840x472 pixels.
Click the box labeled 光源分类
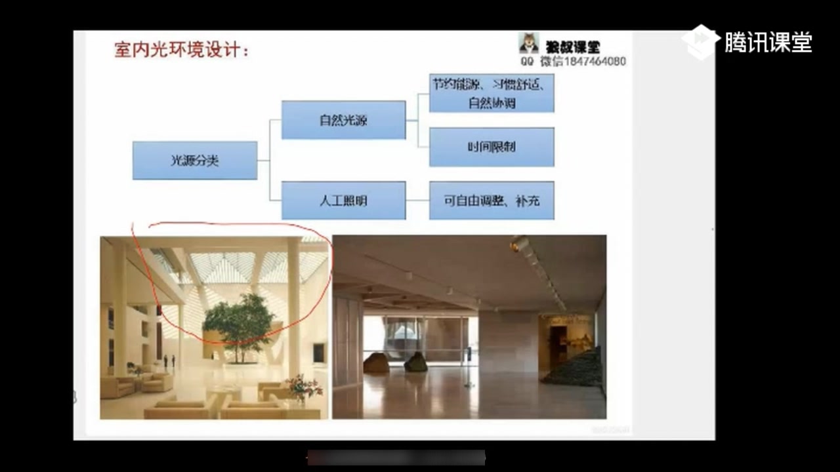click(x=195, y=161)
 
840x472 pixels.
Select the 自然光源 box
click(x=343, y=120)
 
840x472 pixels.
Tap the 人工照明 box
click(x=343, y=201)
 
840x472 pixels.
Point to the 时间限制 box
click(x=492, y=147)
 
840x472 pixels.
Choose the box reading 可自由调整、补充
click(x=492, y=201)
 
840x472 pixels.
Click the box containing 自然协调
click(x=492, y=93)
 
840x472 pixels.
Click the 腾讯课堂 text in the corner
click(x=768, y=43)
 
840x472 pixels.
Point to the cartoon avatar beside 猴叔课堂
click(x=529, y=43)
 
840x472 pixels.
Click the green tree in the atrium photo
click(x=238, y=321)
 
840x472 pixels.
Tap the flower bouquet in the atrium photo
click(x=304, y=387)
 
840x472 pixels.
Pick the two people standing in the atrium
click(x=169, y=361)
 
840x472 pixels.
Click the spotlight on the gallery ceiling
click(x=520, y=244)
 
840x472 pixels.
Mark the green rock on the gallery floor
click(x=415, y=362)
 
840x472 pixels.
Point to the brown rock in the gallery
click(x=376, y=363)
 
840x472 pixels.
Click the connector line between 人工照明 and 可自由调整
click(x=417, y=201)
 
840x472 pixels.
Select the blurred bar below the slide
click(x=396, y=457)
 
